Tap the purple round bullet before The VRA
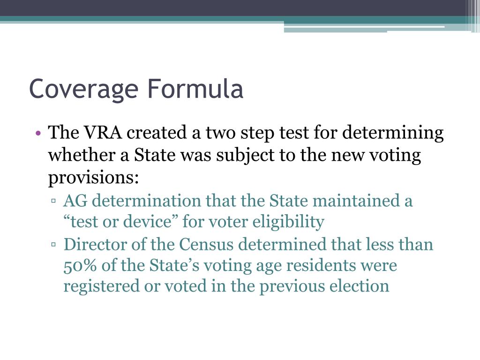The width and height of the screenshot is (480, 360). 39,134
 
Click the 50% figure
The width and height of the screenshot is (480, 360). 77,265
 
